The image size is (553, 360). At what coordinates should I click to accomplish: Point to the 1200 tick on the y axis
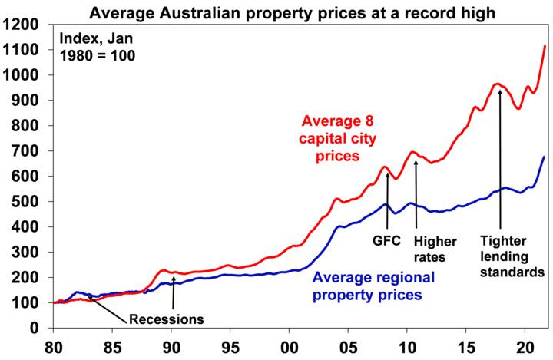coord(27,25)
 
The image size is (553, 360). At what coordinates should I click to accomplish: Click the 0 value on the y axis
coord(41,328)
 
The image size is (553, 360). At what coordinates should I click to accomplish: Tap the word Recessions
coord(165,319)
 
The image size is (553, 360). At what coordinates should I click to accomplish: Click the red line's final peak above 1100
coord(545,46)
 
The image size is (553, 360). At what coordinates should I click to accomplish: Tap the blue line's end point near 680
coord(545,157)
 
